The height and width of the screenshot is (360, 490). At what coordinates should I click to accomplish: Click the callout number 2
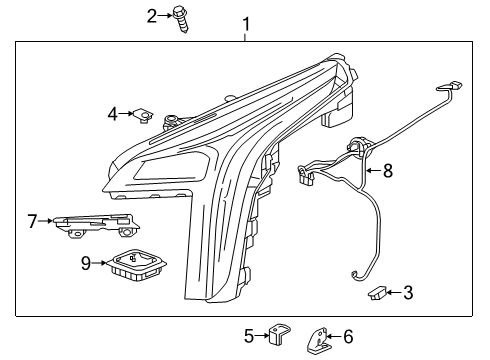coord(153,15)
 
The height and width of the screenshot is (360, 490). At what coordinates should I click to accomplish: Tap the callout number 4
coord(113,114)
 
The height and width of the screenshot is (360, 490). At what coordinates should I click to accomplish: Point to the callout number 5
coord(249,336)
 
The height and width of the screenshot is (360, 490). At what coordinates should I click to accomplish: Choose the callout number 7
coord(32,220)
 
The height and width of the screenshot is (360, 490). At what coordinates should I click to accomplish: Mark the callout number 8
coord(387,171)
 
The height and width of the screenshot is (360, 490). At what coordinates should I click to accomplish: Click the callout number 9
coord(86,263)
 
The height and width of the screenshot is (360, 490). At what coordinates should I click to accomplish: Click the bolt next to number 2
coord(183,19)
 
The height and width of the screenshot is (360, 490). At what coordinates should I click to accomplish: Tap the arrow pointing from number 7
coord(46,220)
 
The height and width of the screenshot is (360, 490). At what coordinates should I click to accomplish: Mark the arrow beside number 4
coord(126,114)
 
